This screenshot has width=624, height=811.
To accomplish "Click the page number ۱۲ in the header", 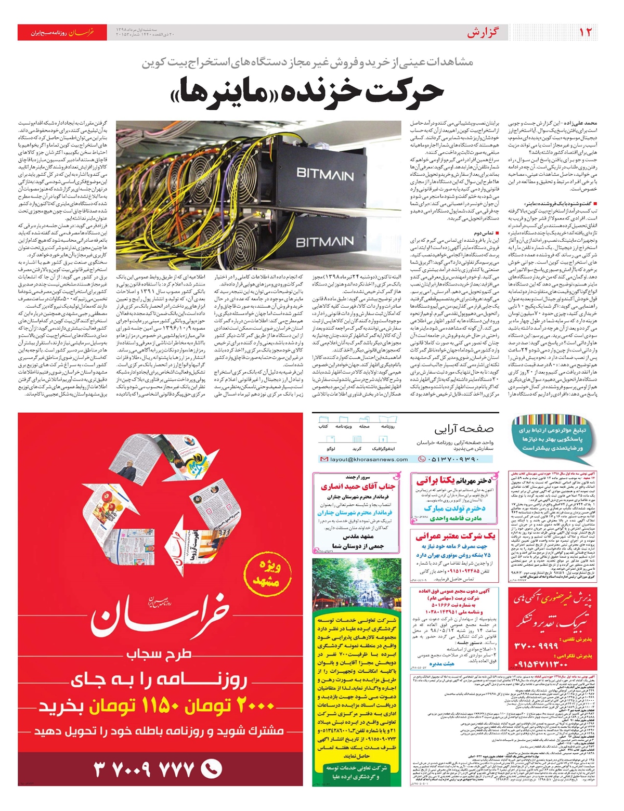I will (586, 32).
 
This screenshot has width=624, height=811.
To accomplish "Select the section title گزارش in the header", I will (482, 33).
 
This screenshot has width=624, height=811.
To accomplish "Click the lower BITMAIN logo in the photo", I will (325, 243).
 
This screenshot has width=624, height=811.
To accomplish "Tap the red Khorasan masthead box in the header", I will (62, 32).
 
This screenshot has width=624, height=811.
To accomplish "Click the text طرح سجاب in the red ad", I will (160, 655).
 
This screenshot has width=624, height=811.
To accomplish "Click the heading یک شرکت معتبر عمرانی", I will (456, 536).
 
